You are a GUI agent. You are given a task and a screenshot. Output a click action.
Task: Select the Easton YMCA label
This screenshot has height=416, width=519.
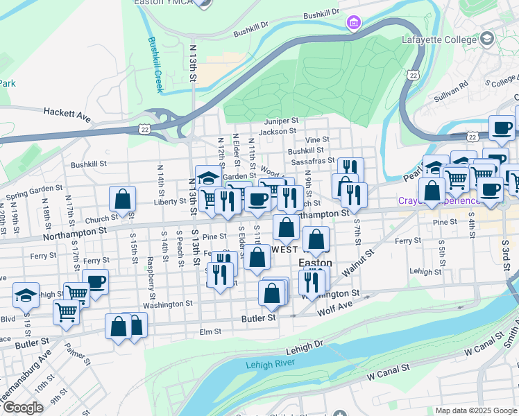161,3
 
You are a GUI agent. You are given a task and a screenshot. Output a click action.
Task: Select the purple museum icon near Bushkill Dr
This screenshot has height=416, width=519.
354,24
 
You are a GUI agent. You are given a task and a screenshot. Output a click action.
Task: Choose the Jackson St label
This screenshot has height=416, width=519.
278,131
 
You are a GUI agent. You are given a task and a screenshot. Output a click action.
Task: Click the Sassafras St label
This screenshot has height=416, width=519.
316,160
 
